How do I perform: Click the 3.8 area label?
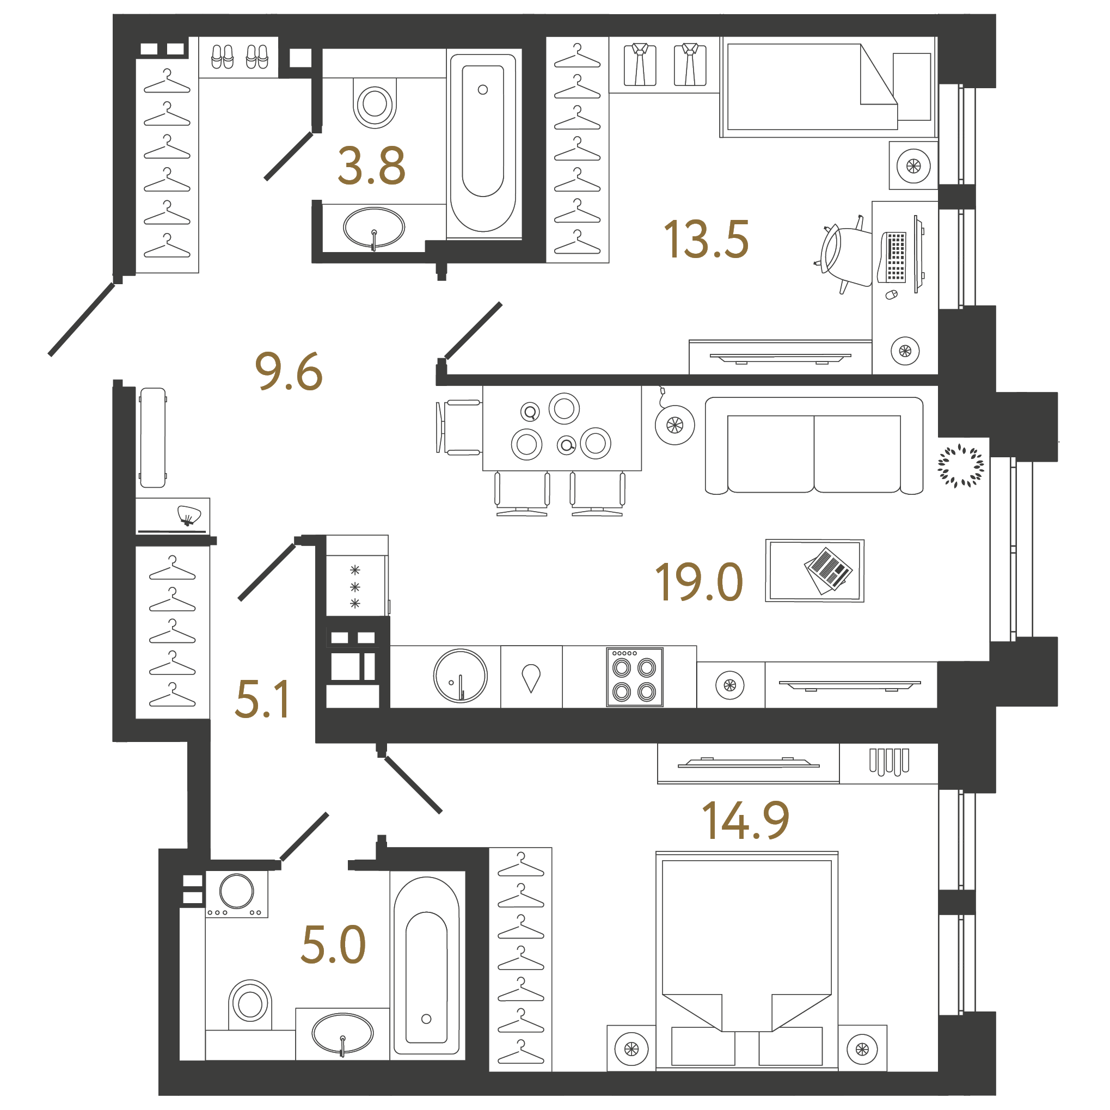coord(372,165)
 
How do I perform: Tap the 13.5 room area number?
coord(706,239)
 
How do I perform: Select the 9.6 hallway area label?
coord(289,371)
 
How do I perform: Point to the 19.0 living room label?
coord(698,582)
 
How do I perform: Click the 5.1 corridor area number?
coord(262,698)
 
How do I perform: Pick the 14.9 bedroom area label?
coord(745,820)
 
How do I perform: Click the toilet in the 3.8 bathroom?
coord(375,103)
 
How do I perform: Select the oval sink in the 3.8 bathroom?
coord(374,228)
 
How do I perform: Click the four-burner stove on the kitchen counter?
coord(634,677)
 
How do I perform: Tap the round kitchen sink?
coord(460,676)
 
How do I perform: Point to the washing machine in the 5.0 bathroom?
coord(237,894)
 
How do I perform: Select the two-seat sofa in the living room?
coord(814,445)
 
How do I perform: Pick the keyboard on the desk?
coord(894,257)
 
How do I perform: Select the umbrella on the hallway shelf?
coord(189,515)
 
